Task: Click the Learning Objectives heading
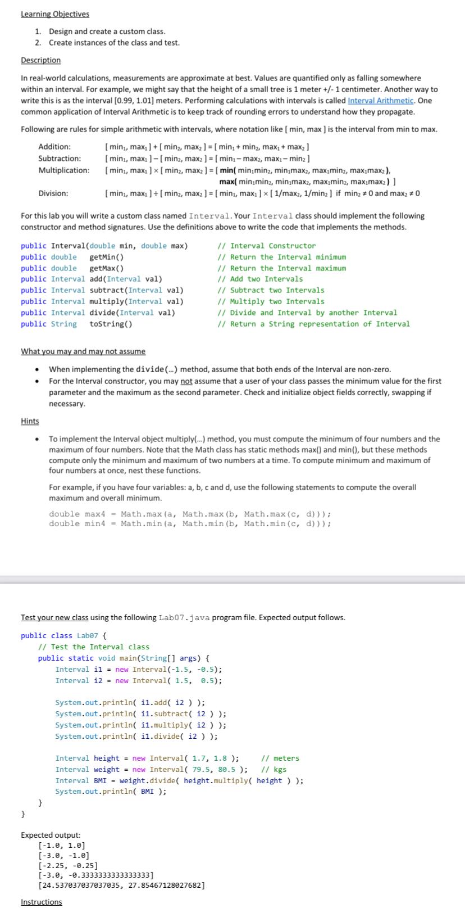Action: coord(55,14)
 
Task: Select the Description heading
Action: coord(40,60)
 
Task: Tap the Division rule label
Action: coord(53,193)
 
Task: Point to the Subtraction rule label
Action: coord(59,159)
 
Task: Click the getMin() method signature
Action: coord(106,257)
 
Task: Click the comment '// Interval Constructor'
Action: coord(266,246)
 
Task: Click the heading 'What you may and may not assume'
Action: coord(83,351)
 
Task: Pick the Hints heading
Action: coord(30,421)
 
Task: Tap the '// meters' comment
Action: coord(280,758)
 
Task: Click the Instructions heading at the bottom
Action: coord(42,902)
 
